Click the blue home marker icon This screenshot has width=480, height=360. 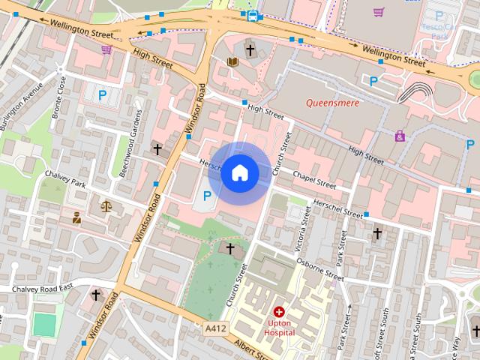tap(239, 173)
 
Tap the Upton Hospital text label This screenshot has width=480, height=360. tap(280, 328)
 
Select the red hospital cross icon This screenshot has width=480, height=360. tap(280, 311)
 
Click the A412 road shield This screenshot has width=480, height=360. tap(214, 328)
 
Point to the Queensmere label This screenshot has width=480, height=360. tap(332, 103)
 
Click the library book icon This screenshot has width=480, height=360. tap(232, 62)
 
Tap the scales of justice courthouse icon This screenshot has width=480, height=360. tap(106, 205)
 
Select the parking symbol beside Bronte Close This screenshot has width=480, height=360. tap(103, 95)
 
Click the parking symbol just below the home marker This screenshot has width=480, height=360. tap(206, 197)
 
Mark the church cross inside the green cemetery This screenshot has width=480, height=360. tap(230, 248)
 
